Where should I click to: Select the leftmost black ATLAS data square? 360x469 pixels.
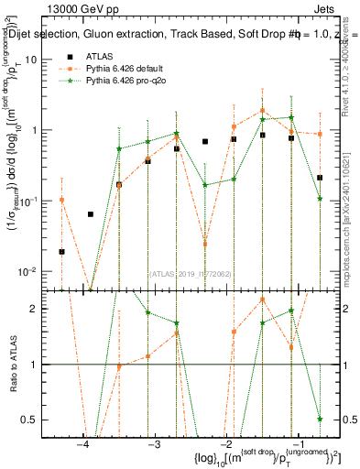click(61, 251)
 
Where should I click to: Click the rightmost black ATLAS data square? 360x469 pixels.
click(320, 178)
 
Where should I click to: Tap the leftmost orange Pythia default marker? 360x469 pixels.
click(61, 199)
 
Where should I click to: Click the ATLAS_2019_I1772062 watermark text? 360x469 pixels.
click(191, 272)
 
